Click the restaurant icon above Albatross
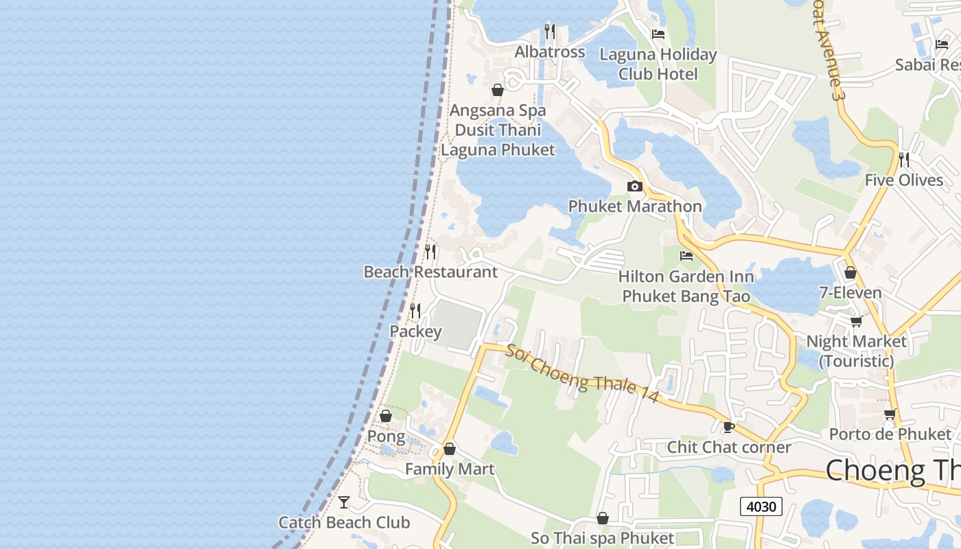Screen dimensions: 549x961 550,32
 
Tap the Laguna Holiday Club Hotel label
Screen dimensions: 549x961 658,64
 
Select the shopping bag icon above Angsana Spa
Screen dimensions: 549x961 498,90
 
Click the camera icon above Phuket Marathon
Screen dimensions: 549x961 635,186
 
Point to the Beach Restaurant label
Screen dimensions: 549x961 430,272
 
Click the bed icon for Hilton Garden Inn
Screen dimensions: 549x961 686,256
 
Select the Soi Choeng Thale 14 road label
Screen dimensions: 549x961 583,373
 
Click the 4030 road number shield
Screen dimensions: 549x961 761,506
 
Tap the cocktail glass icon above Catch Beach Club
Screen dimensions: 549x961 344,502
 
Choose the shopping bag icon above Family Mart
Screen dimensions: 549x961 450,449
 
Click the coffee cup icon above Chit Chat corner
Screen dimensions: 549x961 729,427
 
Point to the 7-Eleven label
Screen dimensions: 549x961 850,293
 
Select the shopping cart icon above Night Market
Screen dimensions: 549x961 856,321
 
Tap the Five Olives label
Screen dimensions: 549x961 904,180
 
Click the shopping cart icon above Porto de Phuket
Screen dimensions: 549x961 890,414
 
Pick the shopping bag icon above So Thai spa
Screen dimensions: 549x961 603,518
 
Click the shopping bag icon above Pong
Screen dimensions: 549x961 386,416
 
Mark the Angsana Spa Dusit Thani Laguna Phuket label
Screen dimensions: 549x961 498,130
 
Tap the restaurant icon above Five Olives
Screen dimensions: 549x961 904,160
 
